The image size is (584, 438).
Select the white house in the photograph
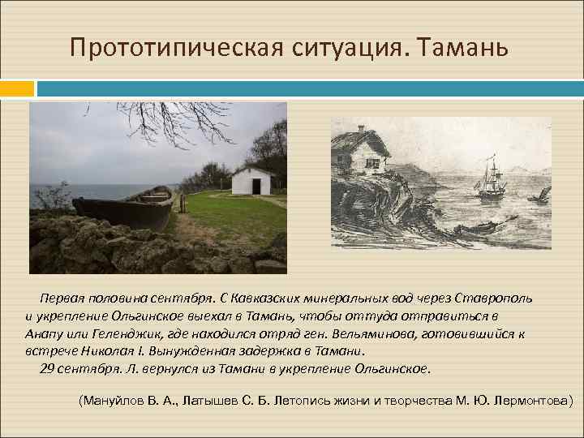[251, 180]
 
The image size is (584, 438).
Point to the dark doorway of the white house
[255, 186]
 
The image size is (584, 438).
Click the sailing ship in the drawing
[490, 181]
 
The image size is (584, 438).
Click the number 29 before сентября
[46, 369]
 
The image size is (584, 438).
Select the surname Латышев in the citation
[208, 400]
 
